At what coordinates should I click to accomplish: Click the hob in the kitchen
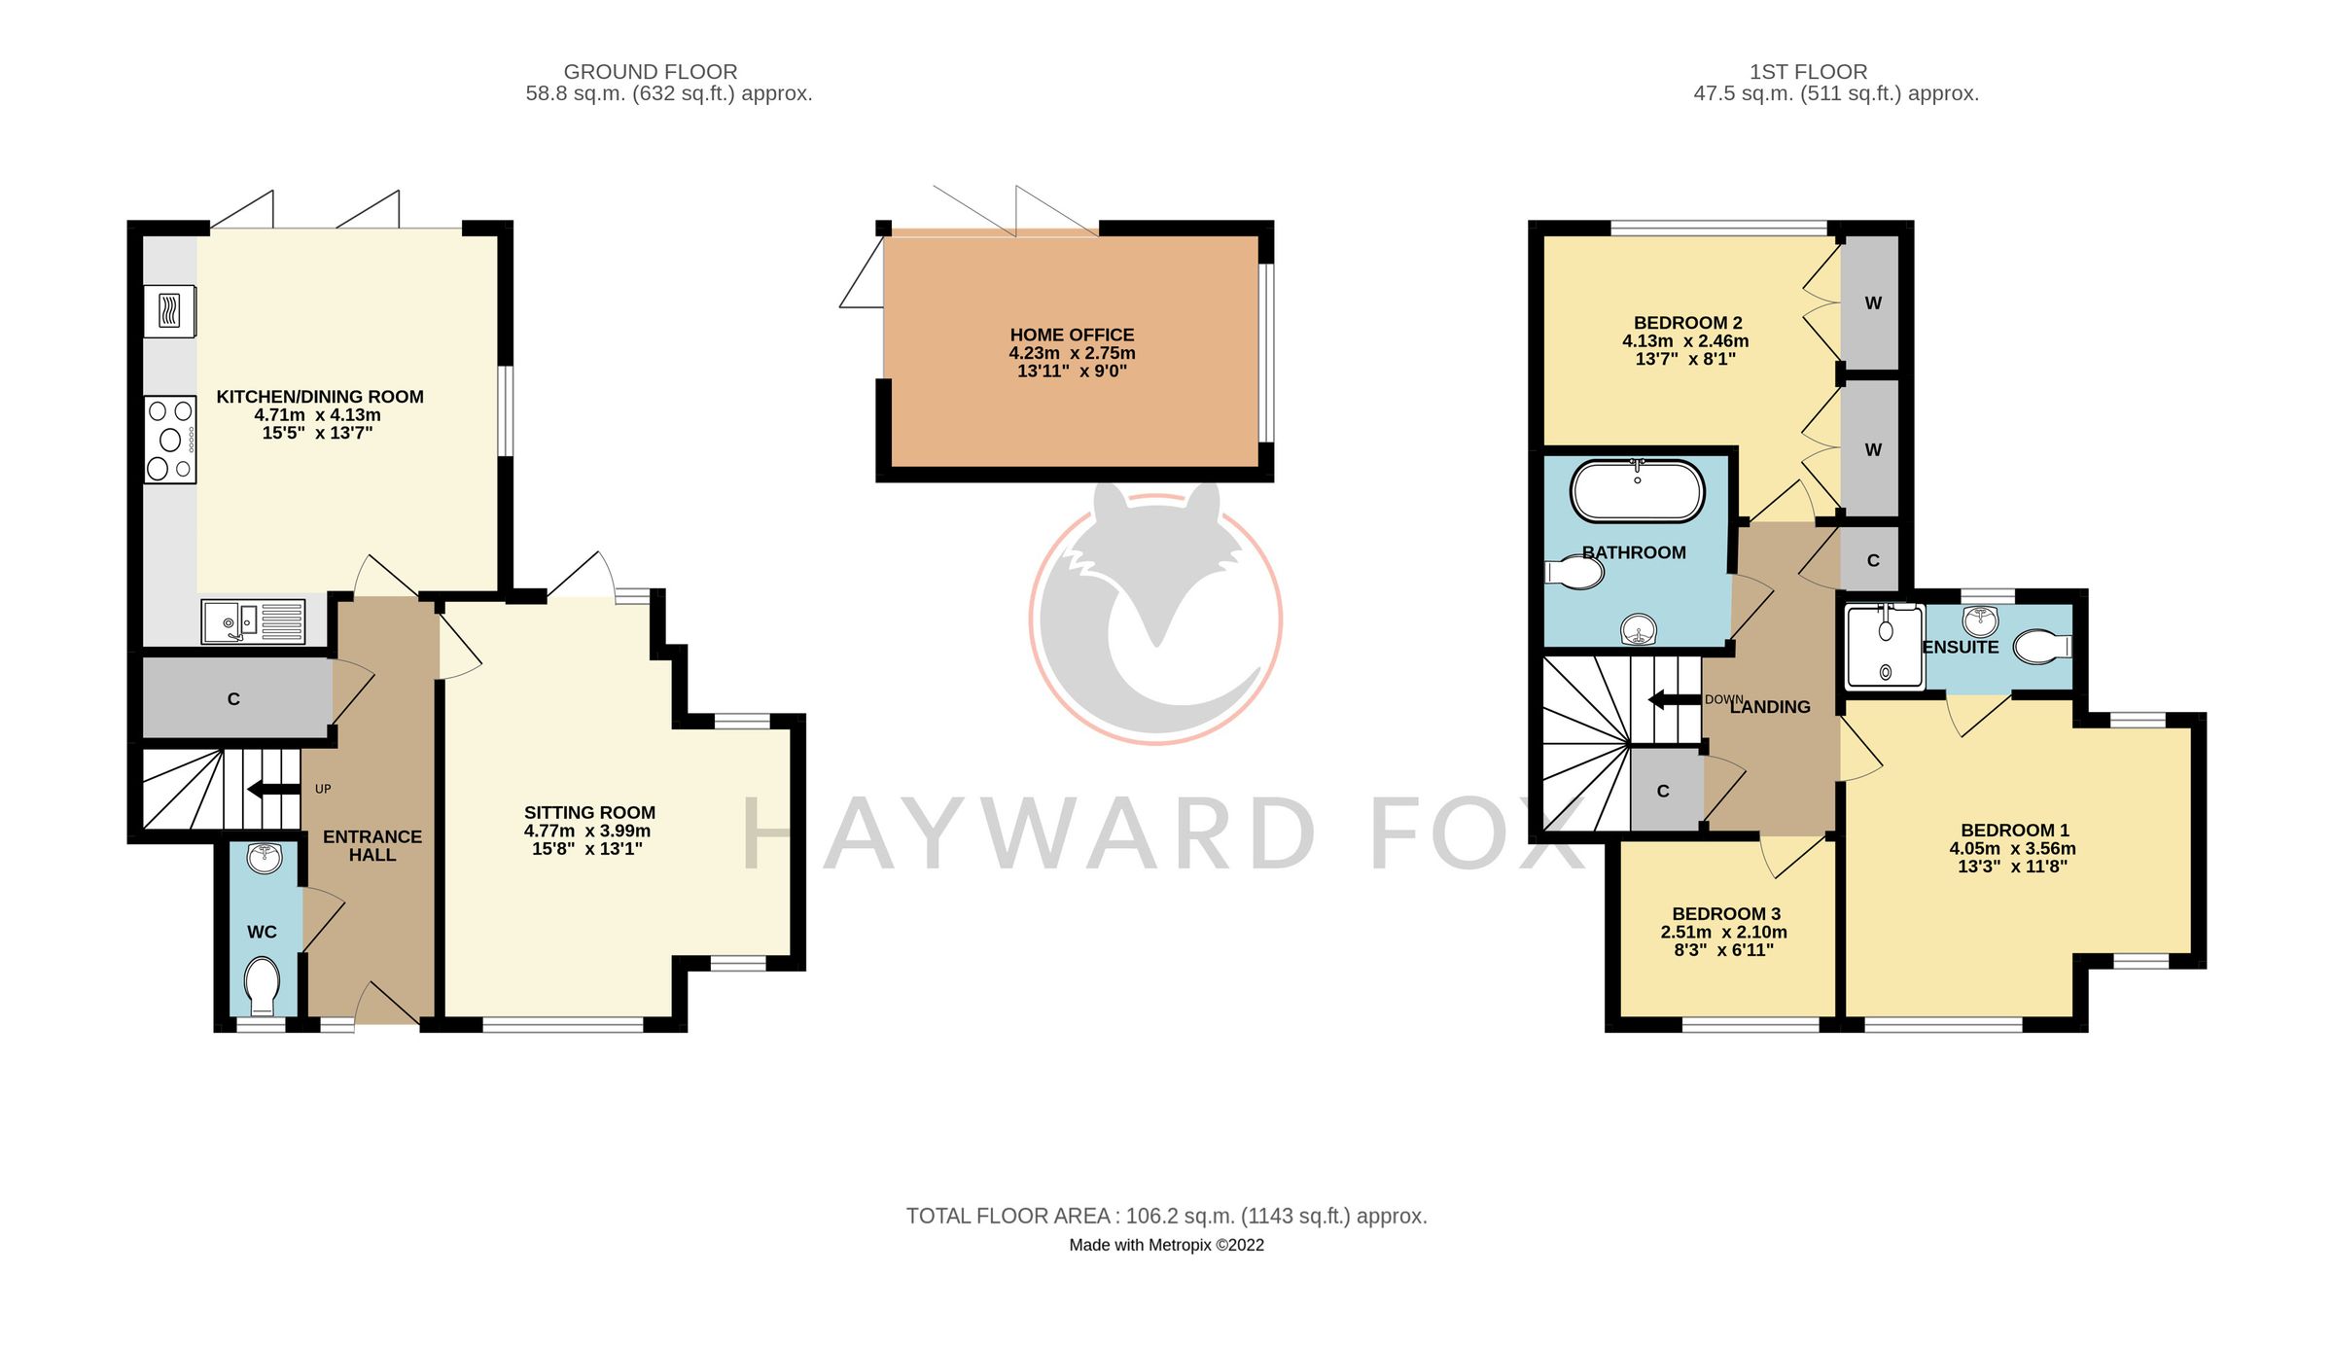[x=170, y=440]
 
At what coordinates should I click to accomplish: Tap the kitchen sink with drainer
[x=253, y=621]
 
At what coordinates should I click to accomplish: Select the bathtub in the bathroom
[x=1637, y=491]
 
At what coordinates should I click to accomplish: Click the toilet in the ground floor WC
[x=262, y=985]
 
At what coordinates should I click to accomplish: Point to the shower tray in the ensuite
[x=1885, y=646]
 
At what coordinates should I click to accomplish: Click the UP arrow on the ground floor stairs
[x=274, y=789]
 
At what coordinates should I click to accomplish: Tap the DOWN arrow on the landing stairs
[x=1674, y=699]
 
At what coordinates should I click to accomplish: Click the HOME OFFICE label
[x=1072, y=335]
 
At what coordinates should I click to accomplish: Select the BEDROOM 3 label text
[x=1726, y=913]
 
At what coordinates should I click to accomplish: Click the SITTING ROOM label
[x=589, y=812]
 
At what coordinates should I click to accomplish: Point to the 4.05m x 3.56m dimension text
[x=2012, y=848]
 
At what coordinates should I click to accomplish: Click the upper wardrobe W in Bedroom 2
[x=1872, y=303]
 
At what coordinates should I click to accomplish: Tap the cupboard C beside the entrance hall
[x=233, y=698]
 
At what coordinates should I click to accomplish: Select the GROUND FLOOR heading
[x=651, y=72]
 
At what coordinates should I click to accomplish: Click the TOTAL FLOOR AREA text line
[x=1166, y=1216]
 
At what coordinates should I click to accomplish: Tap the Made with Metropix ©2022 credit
[x=1166, y=1245]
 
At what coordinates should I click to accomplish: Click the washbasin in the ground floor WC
[x=265, y=859]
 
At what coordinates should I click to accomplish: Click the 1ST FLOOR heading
[x=1808, y=72]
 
